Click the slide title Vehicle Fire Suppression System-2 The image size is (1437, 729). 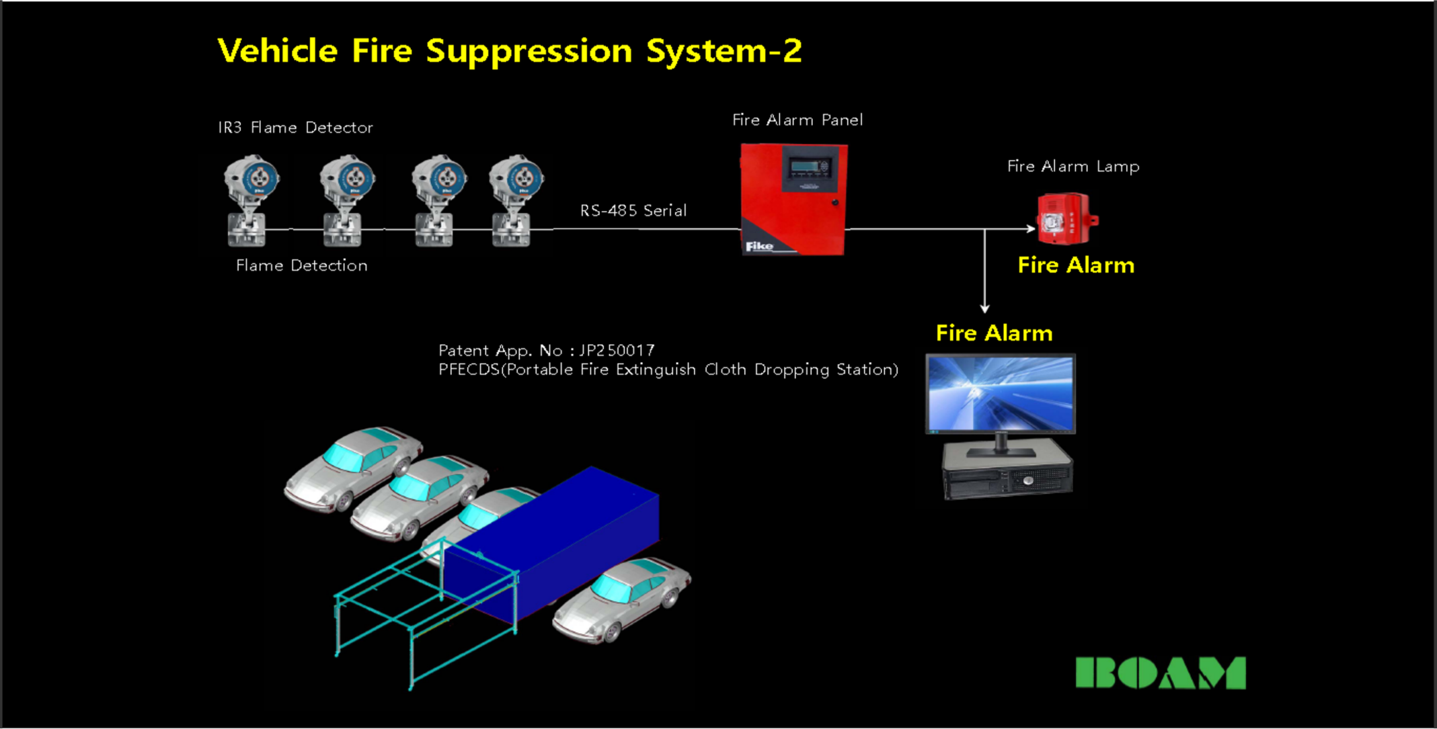click(509, 51)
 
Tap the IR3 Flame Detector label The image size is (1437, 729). click(295, 128)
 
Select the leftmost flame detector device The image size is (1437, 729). click(249, 200)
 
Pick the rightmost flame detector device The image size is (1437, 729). click(514, 200)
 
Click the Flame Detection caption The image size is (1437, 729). click(301, 265)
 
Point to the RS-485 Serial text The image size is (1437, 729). click(633, 211)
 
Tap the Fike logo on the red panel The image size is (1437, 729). click(760, 247)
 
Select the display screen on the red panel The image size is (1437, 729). click(809, 167)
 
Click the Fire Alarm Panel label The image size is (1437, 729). click(798, 120)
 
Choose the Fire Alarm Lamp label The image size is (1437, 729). click(1073, 167)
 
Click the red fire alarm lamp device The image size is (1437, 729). click(1066, 219)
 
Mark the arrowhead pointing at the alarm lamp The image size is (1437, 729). click(1031, 229)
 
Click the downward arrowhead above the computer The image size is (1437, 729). click(984, 308)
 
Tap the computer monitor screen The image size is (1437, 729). click(1001, 394)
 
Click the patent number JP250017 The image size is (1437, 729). click(617, 351)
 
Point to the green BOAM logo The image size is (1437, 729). click(1161, 673)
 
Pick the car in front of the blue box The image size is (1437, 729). click(622, 598)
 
